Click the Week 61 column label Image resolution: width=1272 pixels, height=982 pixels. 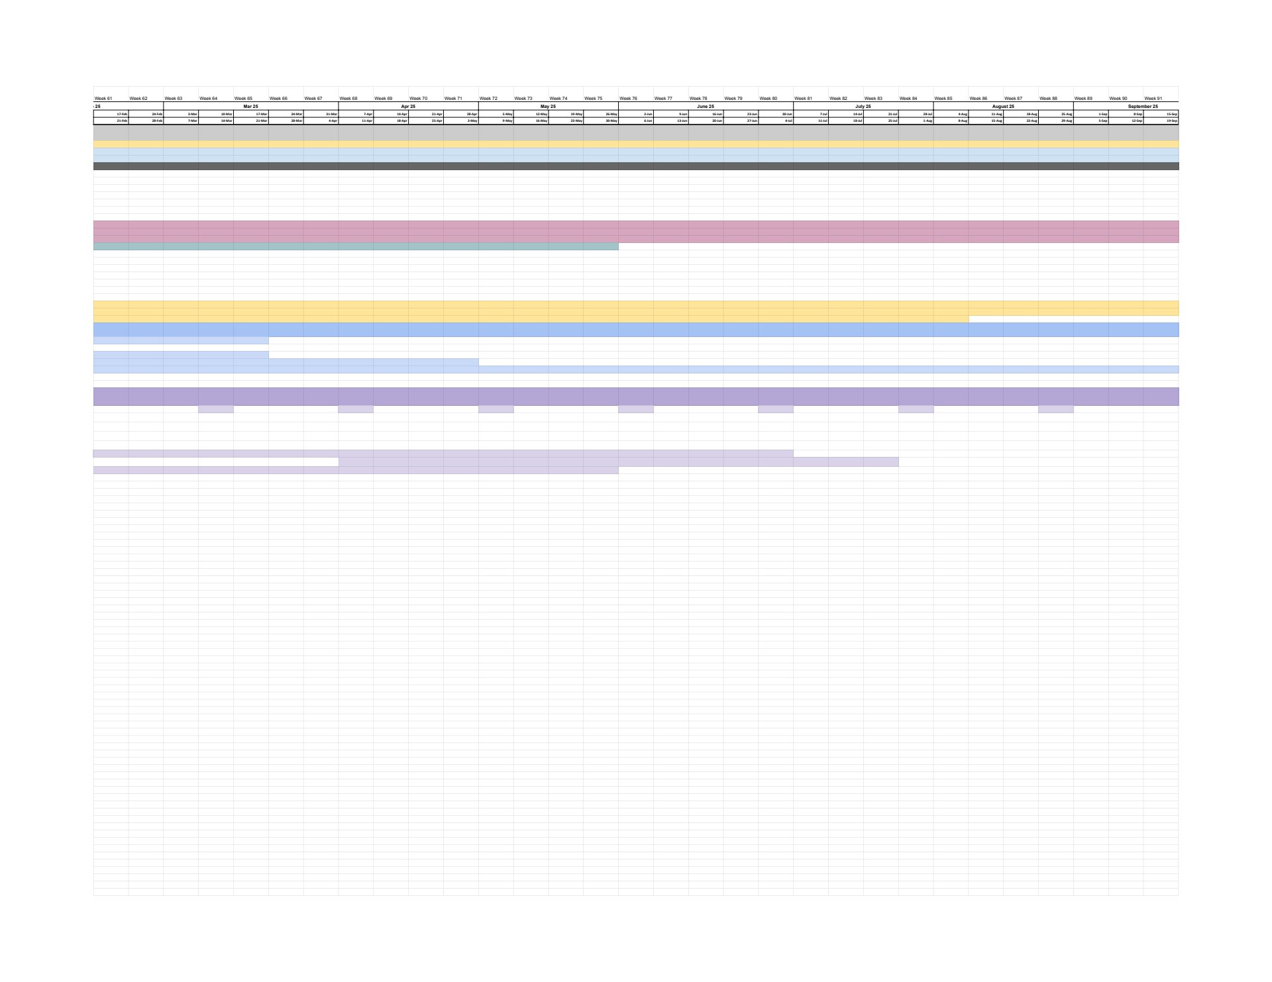click(x=103, y=99)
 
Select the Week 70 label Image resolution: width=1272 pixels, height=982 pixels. click(x=418, y=99)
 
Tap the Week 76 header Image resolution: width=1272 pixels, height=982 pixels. click(x=628, y=99)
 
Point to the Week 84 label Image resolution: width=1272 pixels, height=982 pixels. click(x=908, y=99)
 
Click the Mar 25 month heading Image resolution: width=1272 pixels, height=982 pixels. click(x=251, y=107)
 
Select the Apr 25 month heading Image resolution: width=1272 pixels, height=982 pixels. click(x=408, y=107)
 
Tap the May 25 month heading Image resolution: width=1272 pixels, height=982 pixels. click(x=548, y=107)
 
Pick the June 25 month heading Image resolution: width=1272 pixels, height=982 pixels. click(x=706, y=107)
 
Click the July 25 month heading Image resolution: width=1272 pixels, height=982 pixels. click(x=863, y=107)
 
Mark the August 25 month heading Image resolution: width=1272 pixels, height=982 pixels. click(x=1003, y=107)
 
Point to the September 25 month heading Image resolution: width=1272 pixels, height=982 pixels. click(x=1143, y=107)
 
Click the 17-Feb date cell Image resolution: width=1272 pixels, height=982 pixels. click(x=122, y=114)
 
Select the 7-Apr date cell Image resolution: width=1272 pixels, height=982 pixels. click(x=368, y=114)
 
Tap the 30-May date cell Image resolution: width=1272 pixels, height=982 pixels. click(x=611, y=121)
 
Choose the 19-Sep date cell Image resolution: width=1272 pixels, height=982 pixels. click(x=1171, y=121)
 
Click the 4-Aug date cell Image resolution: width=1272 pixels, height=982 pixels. click(x=963, y=114)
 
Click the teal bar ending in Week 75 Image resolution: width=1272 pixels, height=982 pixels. click(x=356, y=246)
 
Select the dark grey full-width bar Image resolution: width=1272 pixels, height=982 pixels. click(x=636, y=166)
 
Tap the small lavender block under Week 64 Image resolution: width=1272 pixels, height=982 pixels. click(x=216, y=409)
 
